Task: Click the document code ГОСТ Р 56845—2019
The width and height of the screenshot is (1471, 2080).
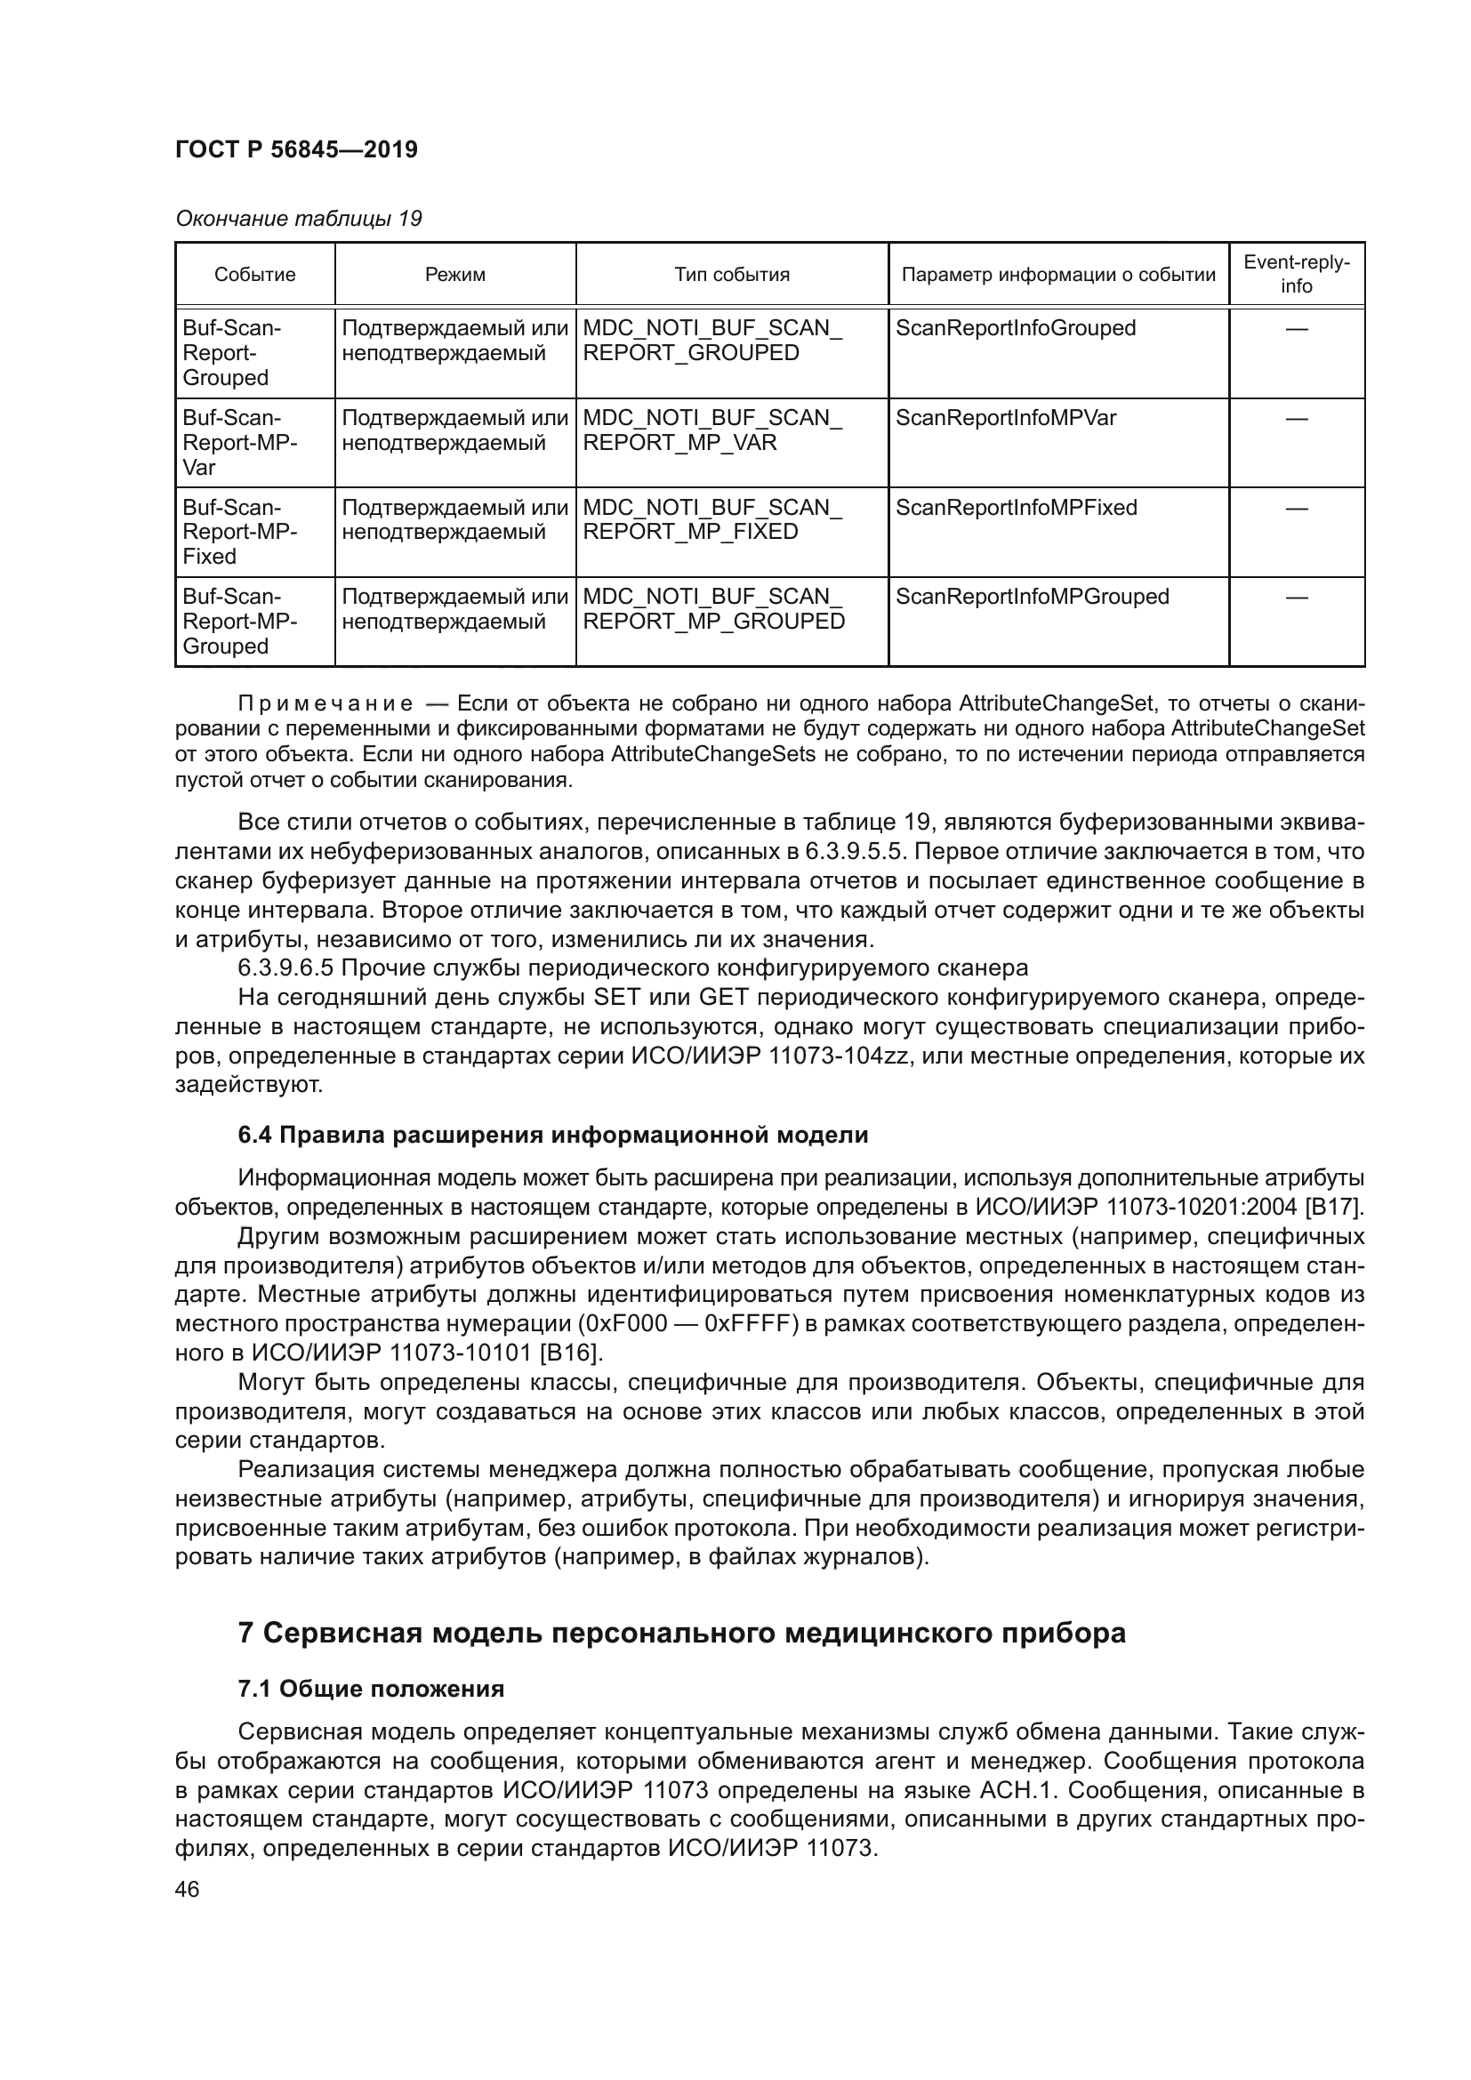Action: [x=296, y=149]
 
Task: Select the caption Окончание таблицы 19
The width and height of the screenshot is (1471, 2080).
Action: [x=298, y=219]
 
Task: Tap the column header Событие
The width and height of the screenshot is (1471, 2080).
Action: [x=254, y=275]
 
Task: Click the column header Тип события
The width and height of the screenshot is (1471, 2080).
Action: [x=731, y=275]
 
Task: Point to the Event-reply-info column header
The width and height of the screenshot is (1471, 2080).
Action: [x=1295, y=274]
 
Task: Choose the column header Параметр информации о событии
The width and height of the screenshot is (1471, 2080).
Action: [x=1058, y=275]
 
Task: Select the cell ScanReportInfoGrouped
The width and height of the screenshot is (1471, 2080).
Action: [x=1016, y=328]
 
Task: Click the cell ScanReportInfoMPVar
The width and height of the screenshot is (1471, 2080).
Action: [x=1006, y=418]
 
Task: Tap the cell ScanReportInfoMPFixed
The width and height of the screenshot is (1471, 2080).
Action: [x=1017, y=507]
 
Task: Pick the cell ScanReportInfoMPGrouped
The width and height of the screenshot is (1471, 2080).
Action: [x=1032, y=596]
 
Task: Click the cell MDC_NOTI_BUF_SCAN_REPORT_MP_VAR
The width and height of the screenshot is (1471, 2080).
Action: [x=712, y=430]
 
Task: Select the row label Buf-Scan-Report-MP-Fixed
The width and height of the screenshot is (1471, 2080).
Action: [x=240, y=532]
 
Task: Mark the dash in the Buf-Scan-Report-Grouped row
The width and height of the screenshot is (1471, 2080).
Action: [x=1296, y=329]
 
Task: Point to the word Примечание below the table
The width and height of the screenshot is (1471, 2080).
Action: [x=326, y=704]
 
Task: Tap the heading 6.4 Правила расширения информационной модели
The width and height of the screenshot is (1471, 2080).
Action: [x=552, y=1134]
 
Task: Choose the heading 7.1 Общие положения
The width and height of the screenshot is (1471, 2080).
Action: [x=371, y=1689]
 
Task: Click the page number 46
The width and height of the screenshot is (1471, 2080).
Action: [x=188, y=1890]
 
